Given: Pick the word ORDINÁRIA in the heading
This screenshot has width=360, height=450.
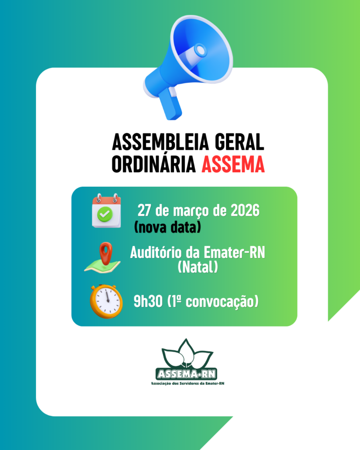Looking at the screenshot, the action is [x=153, y=164].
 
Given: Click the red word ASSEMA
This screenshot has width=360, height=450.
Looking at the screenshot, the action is [x=233, y=164].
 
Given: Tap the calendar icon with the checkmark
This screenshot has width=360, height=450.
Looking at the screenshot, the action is [x=106, y=210].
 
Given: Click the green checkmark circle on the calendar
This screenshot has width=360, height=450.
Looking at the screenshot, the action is [x=105, y=214].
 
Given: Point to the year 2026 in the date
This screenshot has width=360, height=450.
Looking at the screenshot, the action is [x=245, y=210].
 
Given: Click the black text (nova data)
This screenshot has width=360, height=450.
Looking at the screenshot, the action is [x=167, y=227].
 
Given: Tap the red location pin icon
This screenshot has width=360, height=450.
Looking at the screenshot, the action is [x=105, y=253].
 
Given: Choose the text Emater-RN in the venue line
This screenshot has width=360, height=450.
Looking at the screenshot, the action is [x=234, y=253].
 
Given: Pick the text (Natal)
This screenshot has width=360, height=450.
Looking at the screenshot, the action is [x=198, y=267].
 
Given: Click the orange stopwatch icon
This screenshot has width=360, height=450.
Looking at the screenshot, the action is [x=106, y=301].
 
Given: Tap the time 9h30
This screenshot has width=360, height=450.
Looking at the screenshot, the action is [x=148, y=301].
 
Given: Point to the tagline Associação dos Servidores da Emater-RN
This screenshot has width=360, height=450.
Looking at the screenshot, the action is [x=187, y=383].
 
